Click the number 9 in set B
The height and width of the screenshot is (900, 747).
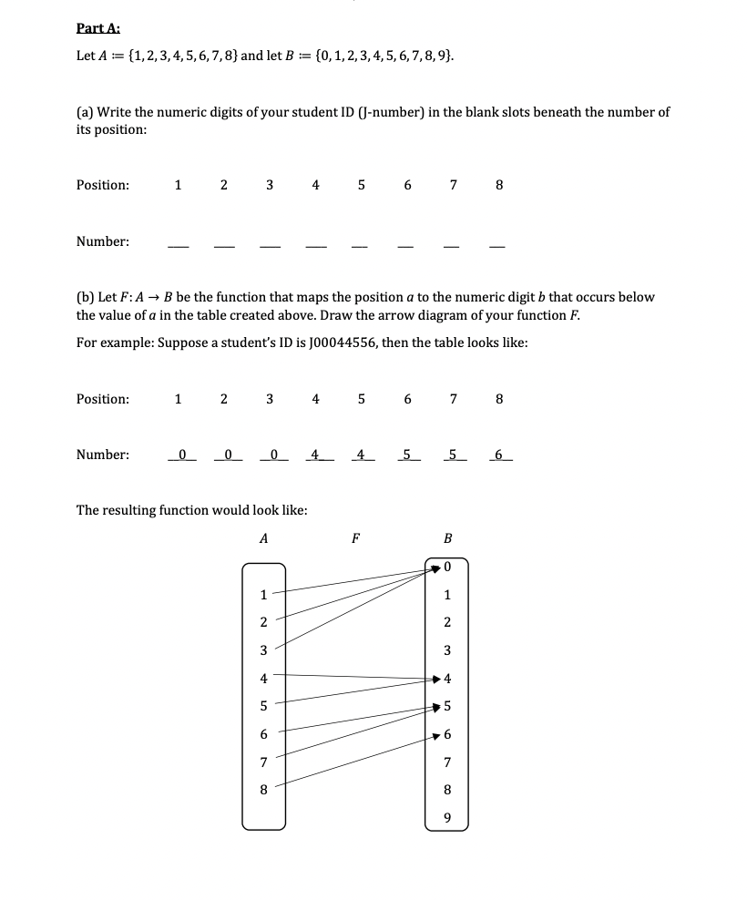pos(446,815)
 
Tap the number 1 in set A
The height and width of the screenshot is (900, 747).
pos(263,596)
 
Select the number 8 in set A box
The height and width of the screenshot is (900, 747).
pos(263,790)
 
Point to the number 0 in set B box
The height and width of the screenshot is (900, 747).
pos(447,568)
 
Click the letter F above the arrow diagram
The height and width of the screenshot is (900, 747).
pos(354,538)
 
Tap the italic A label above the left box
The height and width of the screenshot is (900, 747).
pos(263,538)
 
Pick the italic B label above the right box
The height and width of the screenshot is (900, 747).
pos(447,538)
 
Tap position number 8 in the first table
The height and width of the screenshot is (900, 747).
pos(499,185)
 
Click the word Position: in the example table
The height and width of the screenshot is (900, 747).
pos(102,399)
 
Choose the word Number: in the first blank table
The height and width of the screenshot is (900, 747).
pos(102,241)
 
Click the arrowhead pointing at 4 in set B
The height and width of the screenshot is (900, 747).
pos(435,679)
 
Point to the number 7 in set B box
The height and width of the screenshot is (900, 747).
pos(447,761)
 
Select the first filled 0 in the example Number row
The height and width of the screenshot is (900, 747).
pos(181,454)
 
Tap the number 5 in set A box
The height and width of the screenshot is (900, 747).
pos(263,706)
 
